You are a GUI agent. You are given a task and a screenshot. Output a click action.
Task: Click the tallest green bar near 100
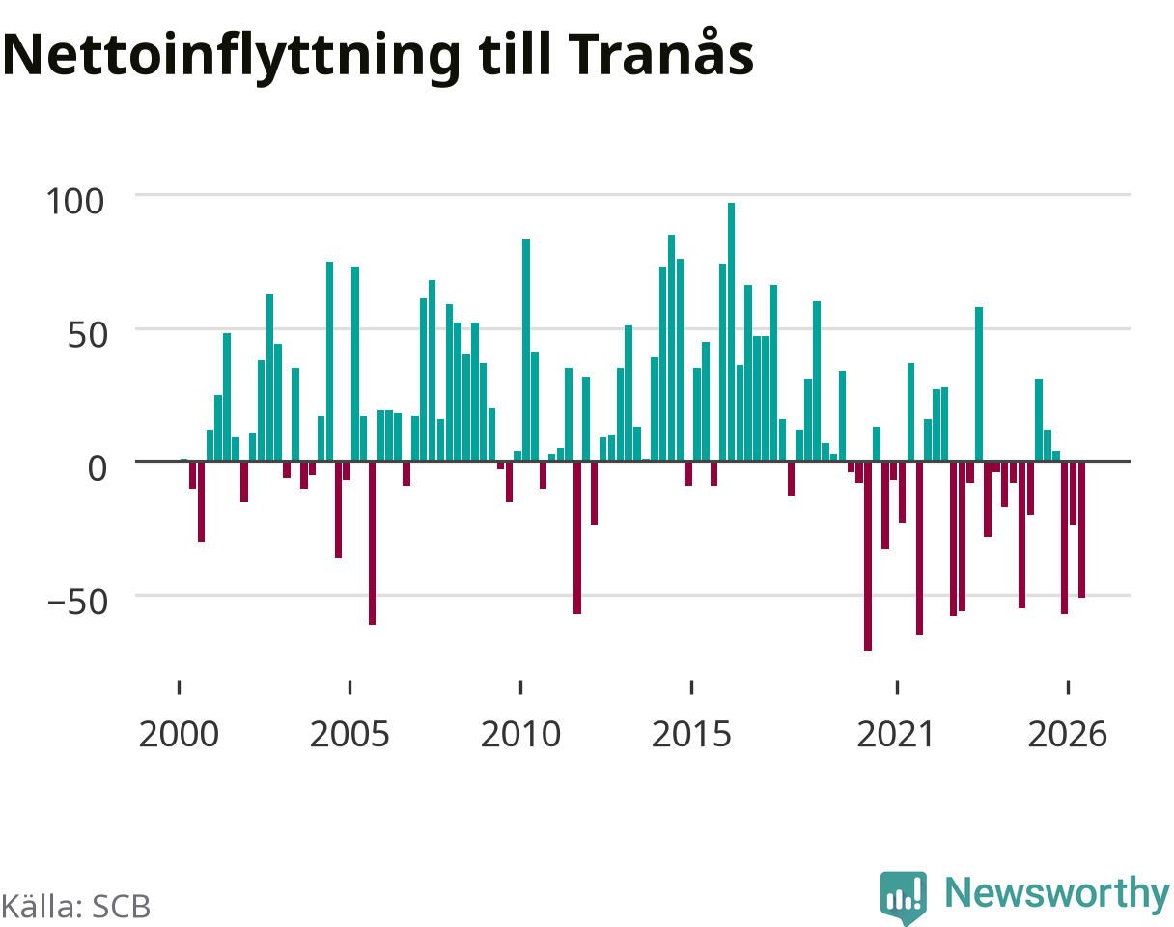point(731,332)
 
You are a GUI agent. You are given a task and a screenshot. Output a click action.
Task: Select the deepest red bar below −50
point(867,556)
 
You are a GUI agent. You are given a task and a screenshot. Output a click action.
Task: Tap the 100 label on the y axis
point(74,201)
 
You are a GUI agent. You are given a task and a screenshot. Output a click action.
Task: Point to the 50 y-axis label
point(87,335)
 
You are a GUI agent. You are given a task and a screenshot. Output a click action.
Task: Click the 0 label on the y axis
point(98,468)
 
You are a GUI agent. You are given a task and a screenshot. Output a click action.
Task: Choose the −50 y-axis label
point(77,603)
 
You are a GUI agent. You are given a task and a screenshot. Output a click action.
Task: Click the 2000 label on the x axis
point(179,735)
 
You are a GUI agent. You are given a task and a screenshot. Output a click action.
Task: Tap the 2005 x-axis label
point(349,735)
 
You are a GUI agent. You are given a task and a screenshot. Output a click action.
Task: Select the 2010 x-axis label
point(521,735)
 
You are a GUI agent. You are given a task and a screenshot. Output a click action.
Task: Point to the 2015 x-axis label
point(691,735)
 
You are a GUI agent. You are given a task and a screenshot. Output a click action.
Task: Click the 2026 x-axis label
point(1068,735)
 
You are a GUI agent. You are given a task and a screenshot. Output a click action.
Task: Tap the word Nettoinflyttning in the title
point(232,58)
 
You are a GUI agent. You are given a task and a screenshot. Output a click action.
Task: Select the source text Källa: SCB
point(75,906)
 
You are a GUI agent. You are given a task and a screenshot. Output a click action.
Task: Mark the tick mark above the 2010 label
point(521,687)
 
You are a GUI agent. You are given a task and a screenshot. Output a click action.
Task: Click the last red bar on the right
point(1081,529)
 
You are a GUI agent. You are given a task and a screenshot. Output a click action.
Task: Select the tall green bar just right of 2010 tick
point(526,351)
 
